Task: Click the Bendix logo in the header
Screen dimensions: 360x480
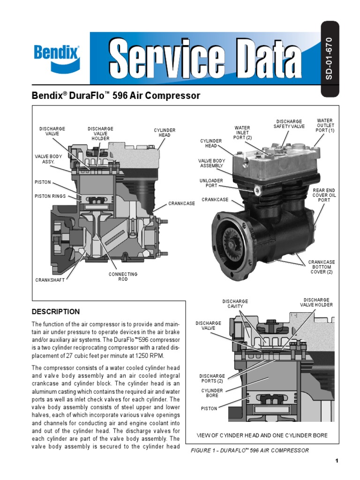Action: tap(57, 58)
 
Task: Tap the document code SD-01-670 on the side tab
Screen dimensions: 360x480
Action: tap(329, 58)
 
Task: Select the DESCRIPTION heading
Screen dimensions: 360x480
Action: tap(56, 312)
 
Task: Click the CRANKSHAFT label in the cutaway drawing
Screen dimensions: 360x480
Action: tap(50, 280)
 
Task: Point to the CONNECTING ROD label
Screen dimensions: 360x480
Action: tap(123, 277)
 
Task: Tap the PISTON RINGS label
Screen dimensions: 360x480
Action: tap(50, 196)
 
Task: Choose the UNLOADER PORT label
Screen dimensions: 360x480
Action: tap(211, 183)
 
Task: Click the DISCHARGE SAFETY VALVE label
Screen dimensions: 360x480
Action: tap(289, 124)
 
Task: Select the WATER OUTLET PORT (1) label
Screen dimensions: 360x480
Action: tap(325, 126)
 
